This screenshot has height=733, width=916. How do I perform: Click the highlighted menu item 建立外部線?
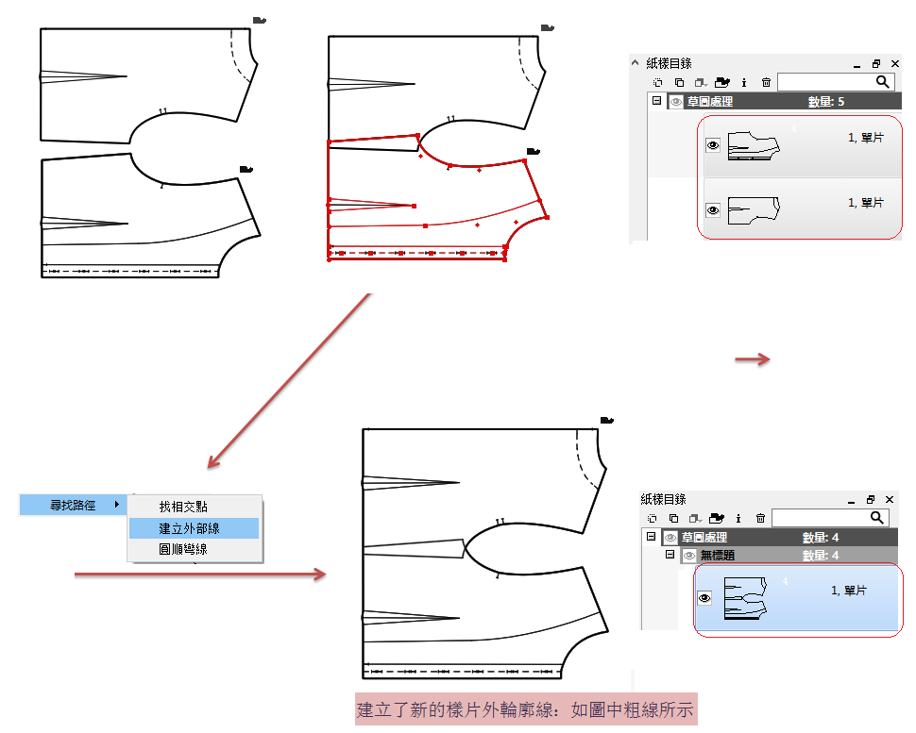point(189,528)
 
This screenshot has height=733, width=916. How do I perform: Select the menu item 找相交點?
point(183,507)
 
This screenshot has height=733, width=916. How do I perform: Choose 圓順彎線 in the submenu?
point(183,549)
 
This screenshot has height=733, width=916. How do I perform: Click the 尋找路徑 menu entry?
point(73,506)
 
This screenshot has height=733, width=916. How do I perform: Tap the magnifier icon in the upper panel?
point(883,82)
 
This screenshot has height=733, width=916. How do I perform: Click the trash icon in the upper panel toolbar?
point(766,82)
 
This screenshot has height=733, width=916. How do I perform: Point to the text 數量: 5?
point(826,102)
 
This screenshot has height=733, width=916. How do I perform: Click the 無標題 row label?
point(718,555)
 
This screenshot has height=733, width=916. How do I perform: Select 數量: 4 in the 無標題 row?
point(821,555)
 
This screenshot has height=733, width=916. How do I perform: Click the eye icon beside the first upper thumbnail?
point(713,145)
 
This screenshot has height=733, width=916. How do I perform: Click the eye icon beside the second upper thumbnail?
point(713,209)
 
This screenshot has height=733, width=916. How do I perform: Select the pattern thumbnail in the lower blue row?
point(745,597)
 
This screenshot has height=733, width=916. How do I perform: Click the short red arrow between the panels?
point(753,358)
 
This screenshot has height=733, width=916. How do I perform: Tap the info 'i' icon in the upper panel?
point(744,82)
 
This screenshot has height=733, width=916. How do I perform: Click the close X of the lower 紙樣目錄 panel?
point(890,500)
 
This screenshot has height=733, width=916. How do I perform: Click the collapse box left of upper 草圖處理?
point(656,101)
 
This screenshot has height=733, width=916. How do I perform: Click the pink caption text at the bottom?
point(525,709)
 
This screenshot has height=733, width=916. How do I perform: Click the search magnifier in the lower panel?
point(876,517)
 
